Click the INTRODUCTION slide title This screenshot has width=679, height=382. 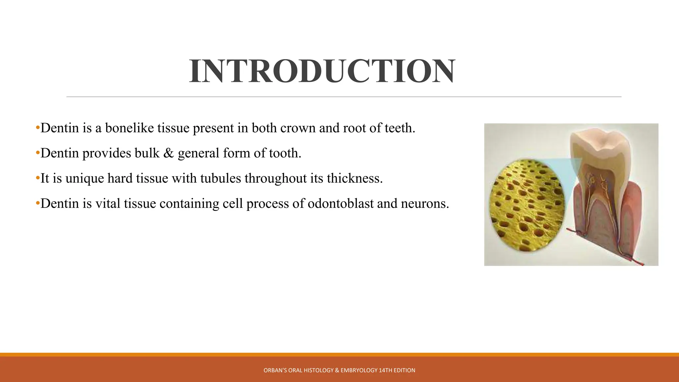(322, 71)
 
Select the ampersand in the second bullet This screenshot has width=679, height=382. (168, 153)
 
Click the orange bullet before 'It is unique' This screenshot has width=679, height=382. (37, 178)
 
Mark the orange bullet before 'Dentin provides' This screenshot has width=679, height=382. (37, 153)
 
